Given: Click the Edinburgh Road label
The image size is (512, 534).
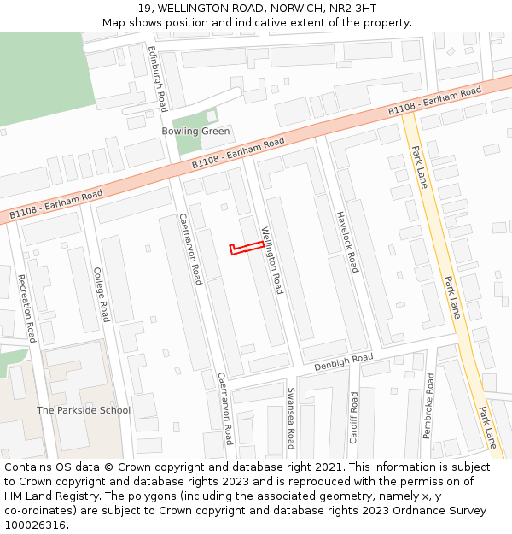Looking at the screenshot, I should click(157, 79).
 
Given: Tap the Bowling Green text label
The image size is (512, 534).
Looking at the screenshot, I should click(195, 132).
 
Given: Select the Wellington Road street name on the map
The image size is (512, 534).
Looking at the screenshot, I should click(271, 260).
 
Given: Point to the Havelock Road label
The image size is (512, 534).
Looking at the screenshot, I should click(346, 242).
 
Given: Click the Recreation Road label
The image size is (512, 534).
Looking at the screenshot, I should click(26, 308).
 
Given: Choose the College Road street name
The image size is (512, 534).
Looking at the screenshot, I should click(101, 295).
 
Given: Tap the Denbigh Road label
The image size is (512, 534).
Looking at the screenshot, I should click(344, 362).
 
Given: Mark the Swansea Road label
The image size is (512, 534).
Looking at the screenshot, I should click(290, 418).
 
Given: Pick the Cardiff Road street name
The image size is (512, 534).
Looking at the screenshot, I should click(353, 417).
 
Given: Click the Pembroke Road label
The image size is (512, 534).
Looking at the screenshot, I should click(428, 406).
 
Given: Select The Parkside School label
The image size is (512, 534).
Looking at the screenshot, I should click(84, 410).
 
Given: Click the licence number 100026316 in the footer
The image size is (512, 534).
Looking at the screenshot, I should click(35, 525).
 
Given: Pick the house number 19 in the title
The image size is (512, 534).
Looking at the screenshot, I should click(144, 9).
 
